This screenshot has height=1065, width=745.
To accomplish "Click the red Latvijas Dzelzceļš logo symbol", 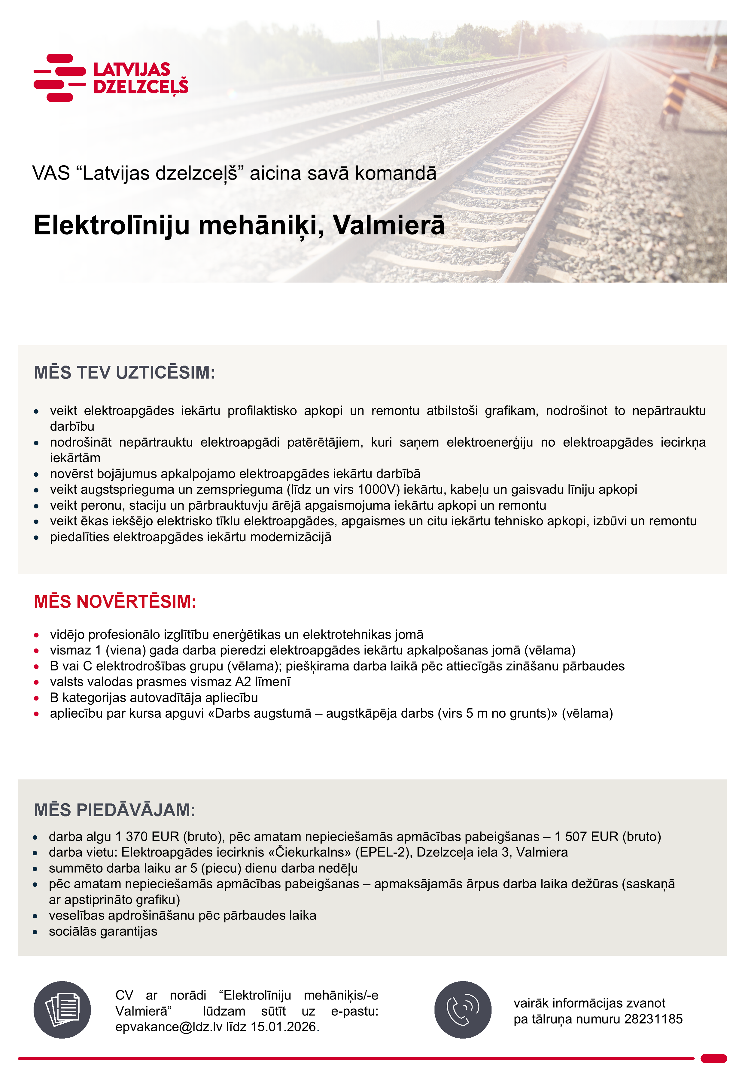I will click(60, 78).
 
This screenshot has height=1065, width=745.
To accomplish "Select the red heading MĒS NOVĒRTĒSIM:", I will click(115, 602).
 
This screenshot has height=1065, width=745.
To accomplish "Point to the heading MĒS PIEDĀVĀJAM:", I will click(114, 810).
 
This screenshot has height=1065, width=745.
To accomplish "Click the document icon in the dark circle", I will click(62, 1010).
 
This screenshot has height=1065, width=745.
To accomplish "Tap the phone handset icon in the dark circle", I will click(463, 1010).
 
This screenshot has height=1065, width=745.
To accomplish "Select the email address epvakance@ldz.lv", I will click(169, 1027).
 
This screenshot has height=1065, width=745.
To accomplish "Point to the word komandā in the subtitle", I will click(395, 173).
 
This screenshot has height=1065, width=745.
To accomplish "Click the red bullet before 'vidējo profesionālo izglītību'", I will click(36, 635).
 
